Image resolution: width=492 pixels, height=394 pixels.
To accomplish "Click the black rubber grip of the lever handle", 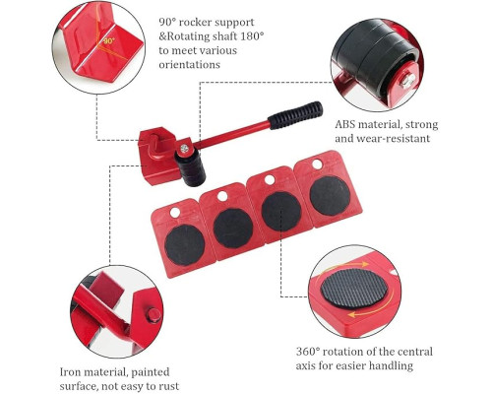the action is tap(295, 115).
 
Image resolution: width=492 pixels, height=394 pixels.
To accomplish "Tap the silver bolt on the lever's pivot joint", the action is tap(185, 149).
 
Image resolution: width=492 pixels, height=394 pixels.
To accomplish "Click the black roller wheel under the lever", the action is tap(191, 167).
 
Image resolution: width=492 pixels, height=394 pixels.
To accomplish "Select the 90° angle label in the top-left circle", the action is tap(109, 41).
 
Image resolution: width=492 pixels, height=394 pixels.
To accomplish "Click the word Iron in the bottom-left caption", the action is tap(71, 372).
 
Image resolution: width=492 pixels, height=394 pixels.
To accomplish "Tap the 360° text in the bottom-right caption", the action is tap(308, 352).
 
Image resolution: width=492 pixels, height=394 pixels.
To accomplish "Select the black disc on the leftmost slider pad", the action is tap(185, 245).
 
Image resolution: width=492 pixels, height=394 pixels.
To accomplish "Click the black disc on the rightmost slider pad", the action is tap(330, 196).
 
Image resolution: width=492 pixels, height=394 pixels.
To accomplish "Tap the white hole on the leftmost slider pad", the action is tap(175, 213).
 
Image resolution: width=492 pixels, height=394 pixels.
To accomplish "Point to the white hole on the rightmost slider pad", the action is tap(317, 164).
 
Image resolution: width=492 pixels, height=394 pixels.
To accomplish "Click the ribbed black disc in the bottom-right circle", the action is tap(354, 289).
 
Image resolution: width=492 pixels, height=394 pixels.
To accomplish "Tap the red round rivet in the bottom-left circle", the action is tap(153, 315).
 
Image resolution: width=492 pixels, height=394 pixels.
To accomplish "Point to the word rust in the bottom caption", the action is tap(168, 386).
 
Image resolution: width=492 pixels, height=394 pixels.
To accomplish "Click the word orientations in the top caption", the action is tap(189, 64).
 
